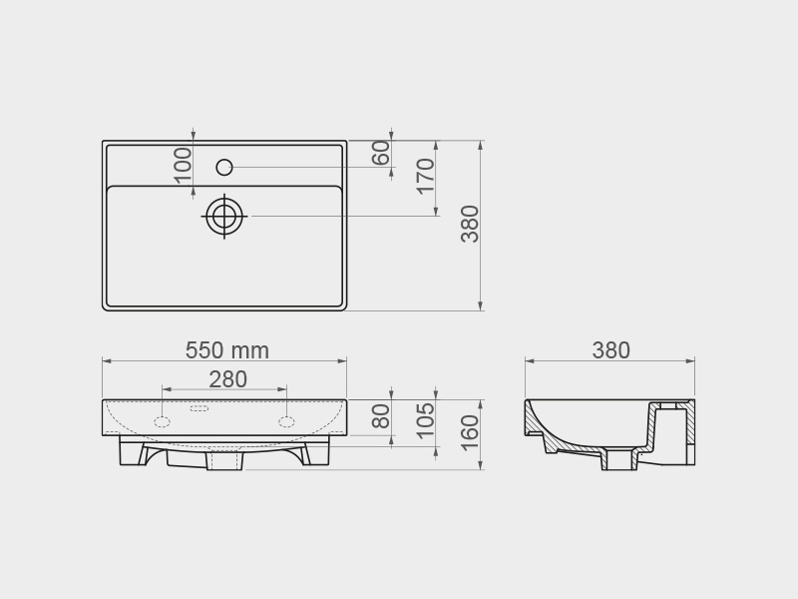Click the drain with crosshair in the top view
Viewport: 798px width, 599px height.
click(224, 216)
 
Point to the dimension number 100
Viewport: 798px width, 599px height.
click(183, 166)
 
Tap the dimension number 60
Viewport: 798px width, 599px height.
click(381, 153)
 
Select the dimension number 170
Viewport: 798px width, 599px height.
click(426, 177)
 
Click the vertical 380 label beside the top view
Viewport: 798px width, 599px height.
click(470, 224)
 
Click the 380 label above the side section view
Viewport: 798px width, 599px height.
click(610, 350)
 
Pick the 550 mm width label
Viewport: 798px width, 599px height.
click(227, 350)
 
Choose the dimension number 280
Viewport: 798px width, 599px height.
click(228, 379)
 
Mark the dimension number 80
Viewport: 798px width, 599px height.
click(381, 416)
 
